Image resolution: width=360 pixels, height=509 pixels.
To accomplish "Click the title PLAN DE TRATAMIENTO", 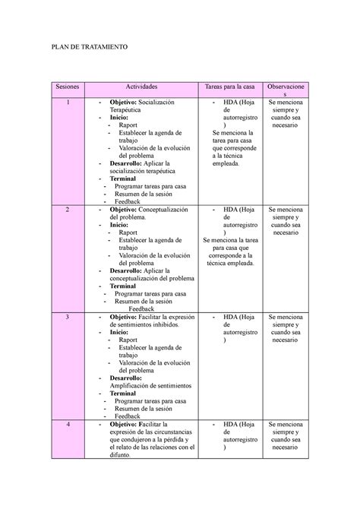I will click(90, 47).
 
